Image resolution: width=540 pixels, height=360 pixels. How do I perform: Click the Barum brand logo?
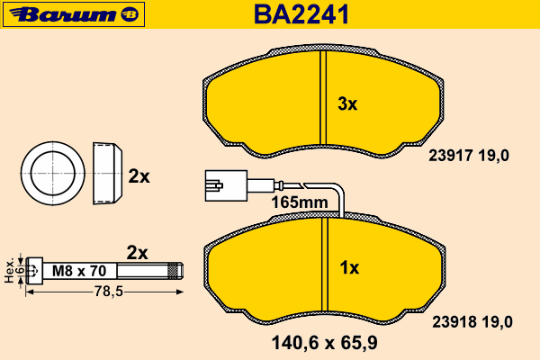click(74, 14)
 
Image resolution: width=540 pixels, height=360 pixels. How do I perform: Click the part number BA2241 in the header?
click(301, 14)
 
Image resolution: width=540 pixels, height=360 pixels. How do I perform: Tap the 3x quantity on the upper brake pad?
click(347, 103)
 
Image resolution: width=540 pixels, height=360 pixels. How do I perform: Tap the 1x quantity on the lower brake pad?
click(349, 267)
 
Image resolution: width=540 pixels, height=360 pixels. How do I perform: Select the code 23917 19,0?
click(469, 156)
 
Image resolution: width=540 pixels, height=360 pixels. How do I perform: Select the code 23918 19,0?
click(472, 322)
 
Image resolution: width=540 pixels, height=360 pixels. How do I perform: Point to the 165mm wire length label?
click(300, 202)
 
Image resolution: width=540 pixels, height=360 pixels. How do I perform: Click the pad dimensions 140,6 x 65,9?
click(324, 343)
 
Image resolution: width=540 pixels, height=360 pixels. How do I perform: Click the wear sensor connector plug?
click(226, 185)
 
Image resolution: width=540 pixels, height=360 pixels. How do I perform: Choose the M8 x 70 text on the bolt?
click(79, 271)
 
